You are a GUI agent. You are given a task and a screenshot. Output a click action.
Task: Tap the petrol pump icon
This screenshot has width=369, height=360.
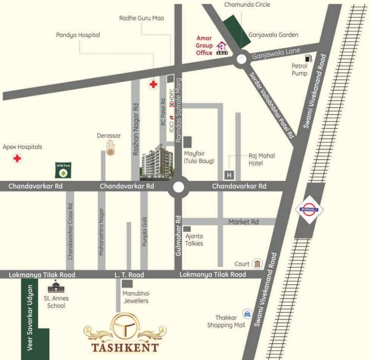click(x=308, y=59)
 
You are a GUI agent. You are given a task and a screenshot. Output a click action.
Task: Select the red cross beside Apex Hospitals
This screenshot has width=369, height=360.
click(x=17, y=159)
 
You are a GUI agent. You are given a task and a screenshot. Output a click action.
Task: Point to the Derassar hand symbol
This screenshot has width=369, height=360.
click(x=111, y=148)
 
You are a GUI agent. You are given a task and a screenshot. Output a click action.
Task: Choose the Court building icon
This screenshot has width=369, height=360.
click(x=257, y=263)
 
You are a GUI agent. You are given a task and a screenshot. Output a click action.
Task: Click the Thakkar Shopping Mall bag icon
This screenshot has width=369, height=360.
click(x=247, y=314)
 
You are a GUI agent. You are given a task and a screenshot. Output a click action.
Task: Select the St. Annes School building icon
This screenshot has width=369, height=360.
click(x=55, y=287)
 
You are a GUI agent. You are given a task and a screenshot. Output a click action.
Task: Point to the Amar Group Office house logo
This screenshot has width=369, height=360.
click(x=221, y=48)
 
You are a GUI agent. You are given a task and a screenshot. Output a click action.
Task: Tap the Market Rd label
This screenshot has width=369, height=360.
click(x=244, y=222)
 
